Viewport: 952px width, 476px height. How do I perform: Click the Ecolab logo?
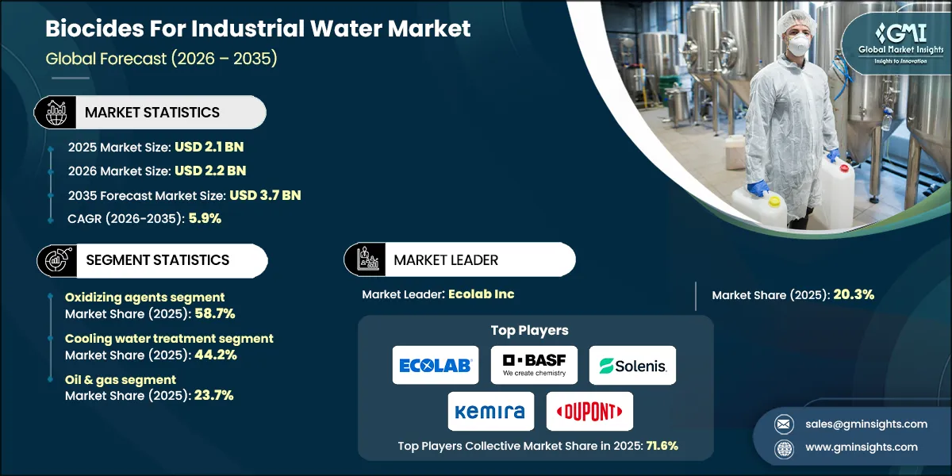(x=436, y=365)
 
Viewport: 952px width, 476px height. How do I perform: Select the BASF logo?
(x=534, y=365)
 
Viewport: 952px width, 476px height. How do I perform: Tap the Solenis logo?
(x=633, y=365)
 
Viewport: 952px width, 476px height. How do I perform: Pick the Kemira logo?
(x=490, y=411)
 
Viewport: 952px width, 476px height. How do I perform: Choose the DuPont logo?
(x=589, y=411)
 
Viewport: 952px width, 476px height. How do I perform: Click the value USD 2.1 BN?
(x=209, y=147)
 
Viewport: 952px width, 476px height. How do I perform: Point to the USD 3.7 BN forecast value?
(x=265, y=194)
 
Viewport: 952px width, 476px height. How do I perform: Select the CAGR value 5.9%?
(x=205, y=218)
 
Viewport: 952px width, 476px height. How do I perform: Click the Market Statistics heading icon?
(x=55, y=113)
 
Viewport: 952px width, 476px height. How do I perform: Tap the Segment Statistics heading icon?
(x=55, y=260)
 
